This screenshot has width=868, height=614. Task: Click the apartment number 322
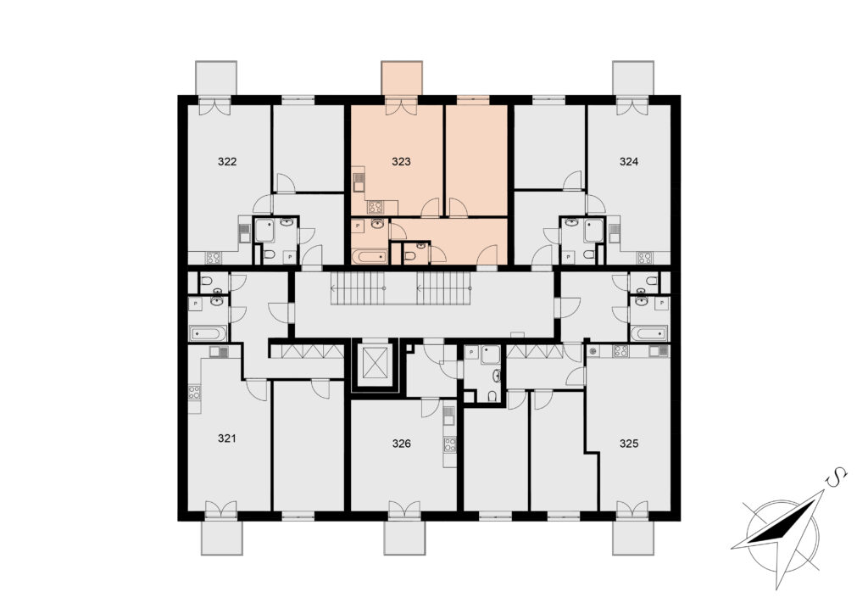(227, 162)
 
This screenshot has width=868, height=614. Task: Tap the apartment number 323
(401, 162)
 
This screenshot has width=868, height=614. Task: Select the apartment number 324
(629, 162)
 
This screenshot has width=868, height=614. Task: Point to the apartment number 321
(227, 438)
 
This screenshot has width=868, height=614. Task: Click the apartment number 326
(401, 444)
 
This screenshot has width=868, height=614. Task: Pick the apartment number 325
(629, 444)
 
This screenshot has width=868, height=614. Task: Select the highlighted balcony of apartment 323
(402, 79)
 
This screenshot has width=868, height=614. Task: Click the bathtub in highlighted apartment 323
(370, 256)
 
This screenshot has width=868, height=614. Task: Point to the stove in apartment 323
(376, 208)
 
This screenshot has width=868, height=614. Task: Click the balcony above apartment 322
(216, 79)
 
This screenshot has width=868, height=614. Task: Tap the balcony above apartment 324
(632, 79)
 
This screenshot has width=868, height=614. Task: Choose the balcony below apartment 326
(405, 537)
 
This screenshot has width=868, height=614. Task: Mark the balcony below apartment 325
(632, 537)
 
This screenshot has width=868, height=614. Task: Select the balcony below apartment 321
(221, 537)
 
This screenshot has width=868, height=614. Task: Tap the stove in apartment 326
(450, 444)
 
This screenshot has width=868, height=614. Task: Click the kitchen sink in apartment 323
(359, 181)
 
